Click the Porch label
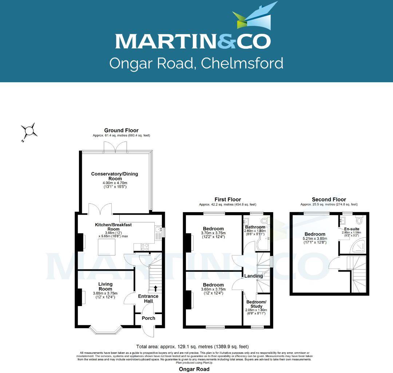pyautogui.click(x=148, y=318)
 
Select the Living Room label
pyautogui.click(x=106, y=286)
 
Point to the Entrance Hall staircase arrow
pyautogui.click(x=156, y=289)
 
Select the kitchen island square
pyautogui.click(x=106, y=247)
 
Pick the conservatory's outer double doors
pyautogui.click(x=115, y=147)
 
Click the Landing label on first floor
pyautogui.click(x=254, y=276)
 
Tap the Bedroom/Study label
pyautogui.click(x=257, y=304)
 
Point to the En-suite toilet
pyautogui.click(x=359, y=220)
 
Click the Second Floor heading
pyautogui.click(x=329, y=199)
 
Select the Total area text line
pyautogui.click(x=192, y=346)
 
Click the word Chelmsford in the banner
pyautogui.click(x=242, y=63)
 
